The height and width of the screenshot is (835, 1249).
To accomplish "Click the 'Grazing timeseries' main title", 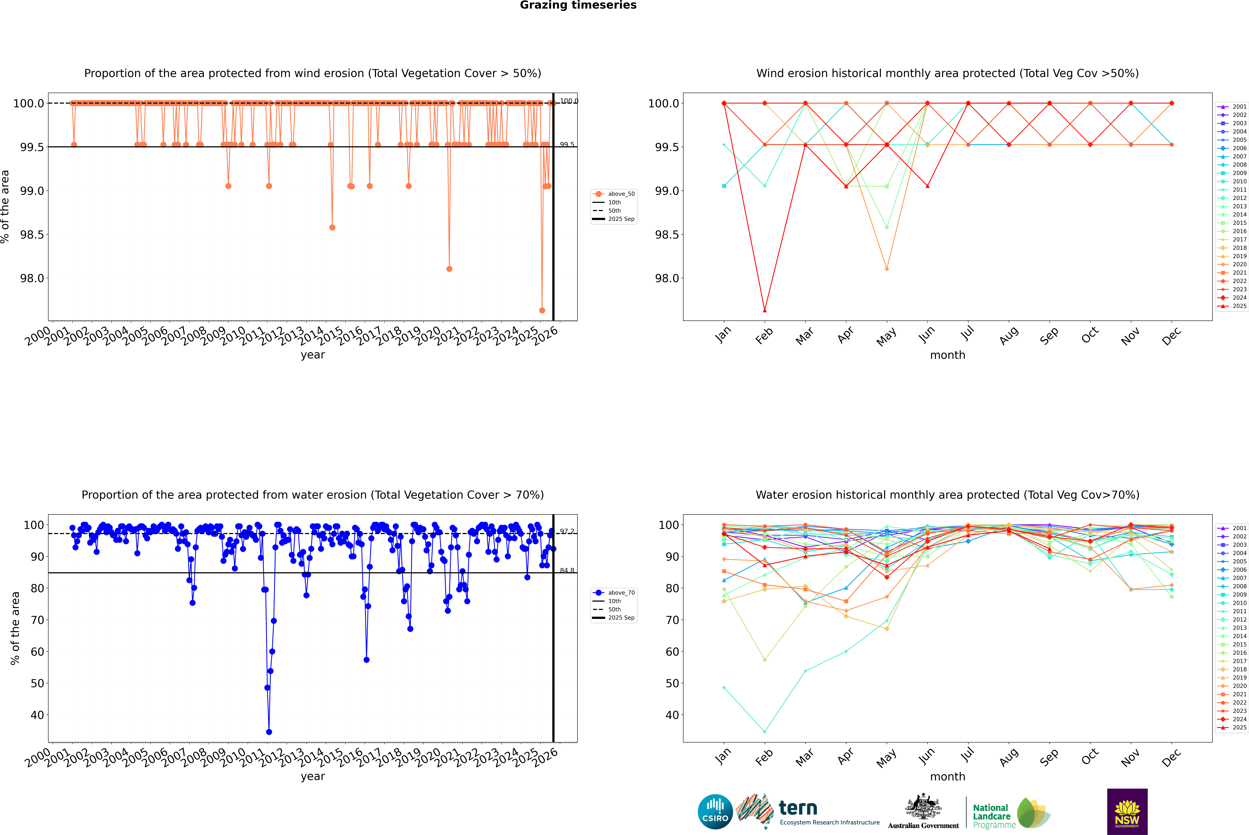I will (x=578, y=5).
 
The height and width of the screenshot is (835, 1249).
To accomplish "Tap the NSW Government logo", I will (x=1127, y=812).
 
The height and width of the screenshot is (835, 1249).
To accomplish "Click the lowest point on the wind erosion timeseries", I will (x=542, y=310).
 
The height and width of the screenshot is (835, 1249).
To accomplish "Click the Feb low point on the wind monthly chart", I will (x=764, y=310).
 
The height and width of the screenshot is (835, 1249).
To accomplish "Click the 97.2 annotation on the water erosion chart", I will (x=567, y=531).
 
